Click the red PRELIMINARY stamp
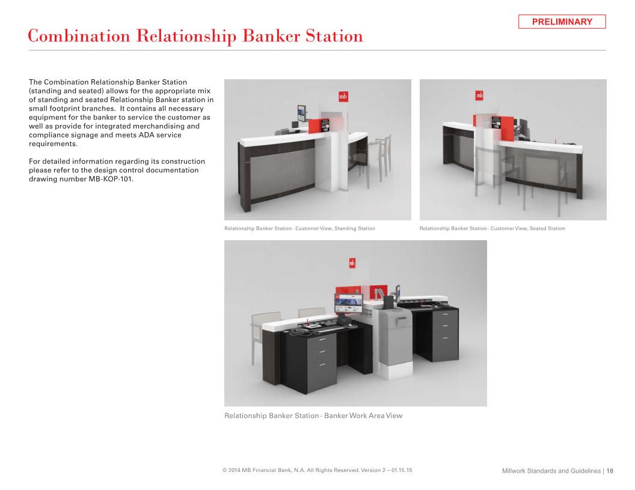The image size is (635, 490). point(562,22)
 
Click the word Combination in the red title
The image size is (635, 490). point(79,37)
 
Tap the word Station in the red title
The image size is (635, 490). point(334,36)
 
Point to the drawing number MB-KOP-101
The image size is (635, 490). point(110,179)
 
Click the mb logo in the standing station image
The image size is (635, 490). point(343,97)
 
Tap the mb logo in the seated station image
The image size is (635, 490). point(479,95)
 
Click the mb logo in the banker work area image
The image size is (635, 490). point(352,263)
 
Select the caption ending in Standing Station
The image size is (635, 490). point(299,228)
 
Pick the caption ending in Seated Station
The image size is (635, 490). point(492,228)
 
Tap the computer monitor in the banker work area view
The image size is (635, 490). point(349,303)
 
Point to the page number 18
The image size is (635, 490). point(610,471)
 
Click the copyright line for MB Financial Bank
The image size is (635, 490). point(317,470)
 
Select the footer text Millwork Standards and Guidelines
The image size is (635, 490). point(551,471)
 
